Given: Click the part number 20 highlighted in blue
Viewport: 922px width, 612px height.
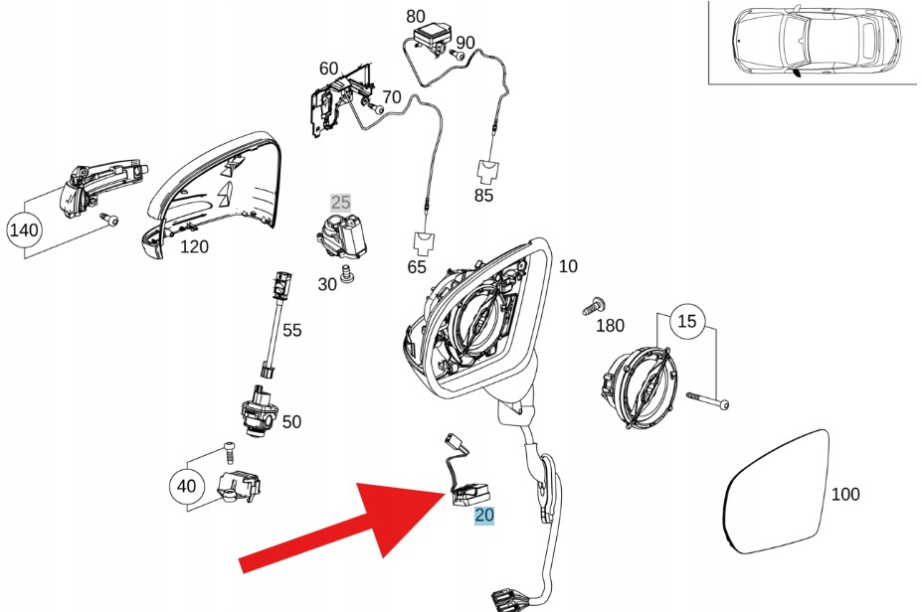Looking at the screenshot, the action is pos(484,515).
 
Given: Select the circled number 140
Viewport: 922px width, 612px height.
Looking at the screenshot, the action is pos(24,229).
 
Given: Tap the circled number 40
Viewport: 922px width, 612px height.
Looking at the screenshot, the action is pos(186,486).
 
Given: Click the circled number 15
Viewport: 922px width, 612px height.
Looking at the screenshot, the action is pos(687,321).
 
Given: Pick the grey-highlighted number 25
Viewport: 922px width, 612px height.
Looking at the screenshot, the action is pos(341,204).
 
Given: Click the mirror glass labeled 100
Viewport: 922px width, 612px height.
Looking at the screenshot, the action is pos(775,492).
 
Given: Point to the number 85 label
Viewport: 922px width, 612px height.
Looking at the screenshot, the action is pos(483,196).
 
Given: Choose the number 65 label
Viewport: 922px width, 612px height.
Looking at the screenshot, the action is pos(417,267).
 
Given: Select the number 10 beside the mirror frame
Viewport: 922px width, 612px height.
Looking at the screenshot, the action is pos(568,266).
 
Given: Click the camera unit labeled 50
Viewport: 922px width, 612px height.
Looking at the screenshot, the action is pos(257,412).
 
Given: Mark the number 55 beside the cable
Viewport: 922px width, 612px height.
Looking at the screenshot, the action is pos(291,330).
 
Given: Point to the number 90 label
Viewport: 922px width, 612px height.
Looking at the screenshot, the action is pos(465,43).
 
